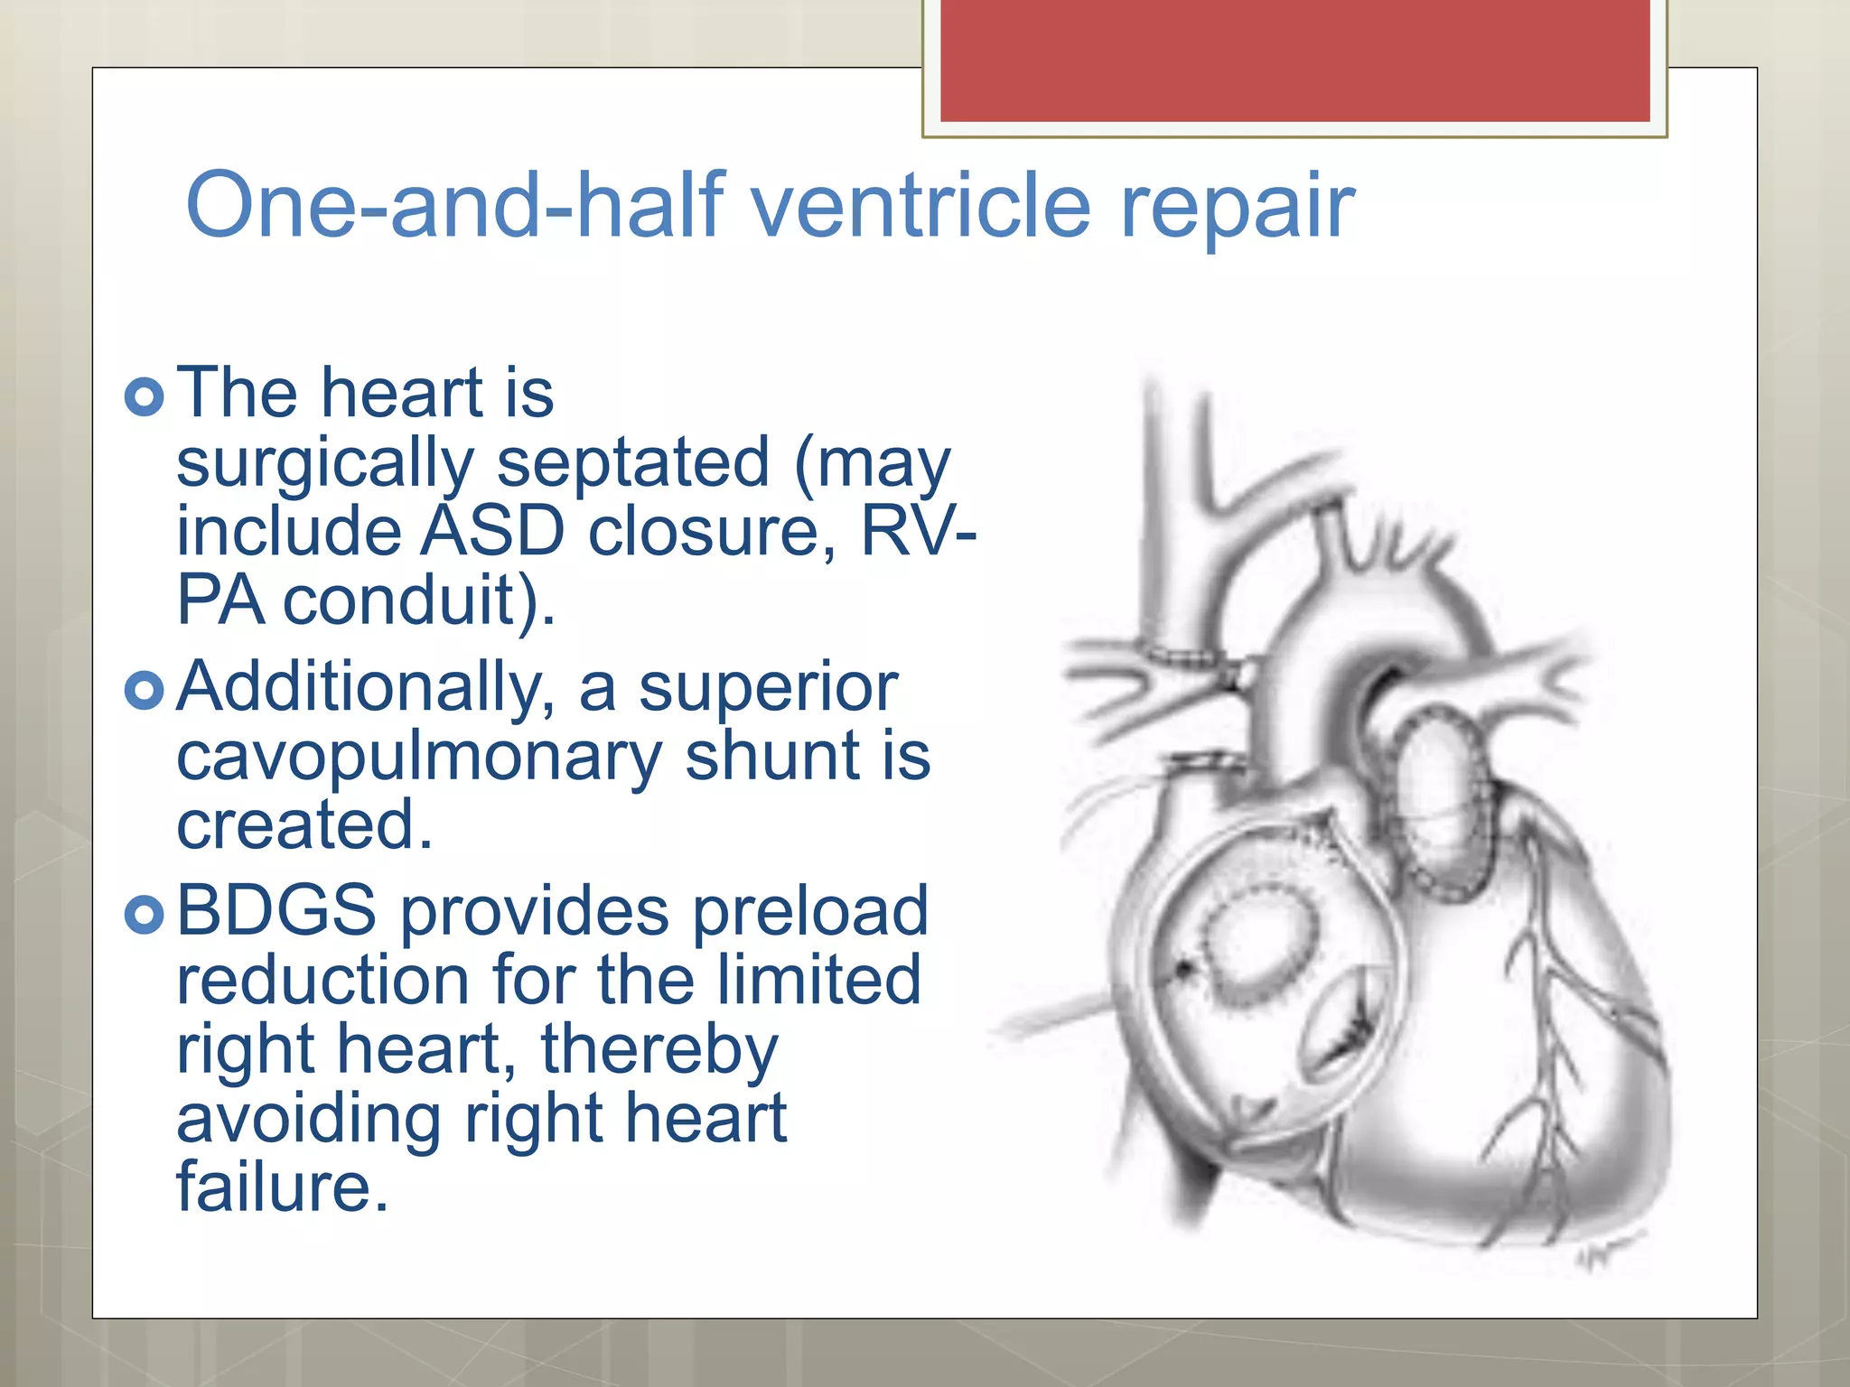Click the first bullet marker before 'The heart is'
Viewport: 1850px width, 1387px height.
pyautogui.click(x=145, y=396)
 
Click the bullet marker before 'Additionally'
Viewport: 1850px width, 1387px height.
pyautogui.click(x=145, y=691)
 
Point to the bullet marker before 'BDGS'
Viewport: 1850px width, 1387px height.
pyautogui.click(x=145, y=914)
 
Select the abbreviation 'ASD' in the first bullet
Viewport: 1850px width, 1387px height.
pyautogui.click(x=493, y=531)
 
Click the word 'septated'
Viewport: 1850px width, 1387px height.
pyautogui.click(x=632, y=462)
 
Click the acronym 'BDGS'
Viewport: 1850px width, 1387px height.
pyautogui.click(x=276, y=910)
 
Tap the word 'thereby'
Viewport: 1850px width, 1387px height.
pyautogui.click(x=659, y=1049)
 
